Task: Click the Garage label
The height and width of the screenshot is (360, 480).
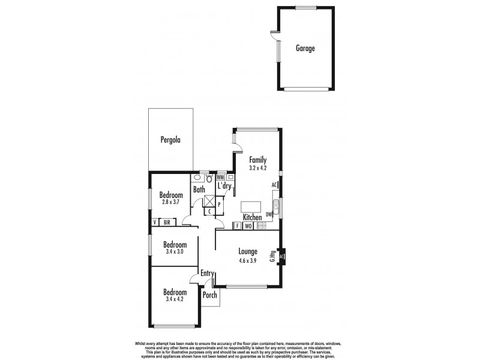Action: pyautogui.click(x=305, y=49)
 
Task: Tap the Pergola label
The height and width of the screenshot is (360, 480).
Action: pyautogui.click(x=170, y=140)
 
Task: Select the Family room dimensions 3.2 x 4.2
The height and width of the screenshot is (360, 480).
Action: pyautogui.click(x=257, y=169)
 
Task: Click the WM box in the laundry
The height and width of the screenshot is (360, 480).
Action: pyautogui.click(x=220, y=178)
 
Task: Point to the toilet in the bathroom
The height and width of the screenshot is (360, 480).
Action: pyautogui.click(x=209, y=178)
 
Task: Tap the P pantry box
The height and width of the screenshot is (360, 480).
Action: pyautogui.click(x=219, y=205)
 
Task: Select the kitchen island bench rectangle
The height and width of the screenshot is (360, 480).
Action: pyautogui.click(x=251, y=207)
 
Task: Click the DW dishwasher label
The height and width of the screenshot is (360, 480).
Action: pyautogui.click(x=269, y=214)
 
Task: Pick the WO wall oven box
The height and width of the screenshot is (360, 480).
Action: pyautogui.click(x=248, y=226)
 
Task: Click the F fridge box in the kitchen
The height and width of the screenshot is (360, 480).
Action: pyautogui.click(x=238, y=226)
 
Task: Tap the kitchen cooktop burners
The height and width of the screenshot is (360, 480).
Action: pyautogui.click(x=261, y=226)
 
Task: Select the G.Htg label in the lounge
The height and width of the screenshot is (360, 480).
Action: pyautogui.click(x=272, y=256)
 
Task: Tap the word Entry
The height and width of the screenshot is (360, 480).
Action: pyautogui.click(x=208, y=274)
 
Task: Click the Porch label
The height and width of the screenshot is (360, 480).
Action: pyautogui.click(x=209, y=295)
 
